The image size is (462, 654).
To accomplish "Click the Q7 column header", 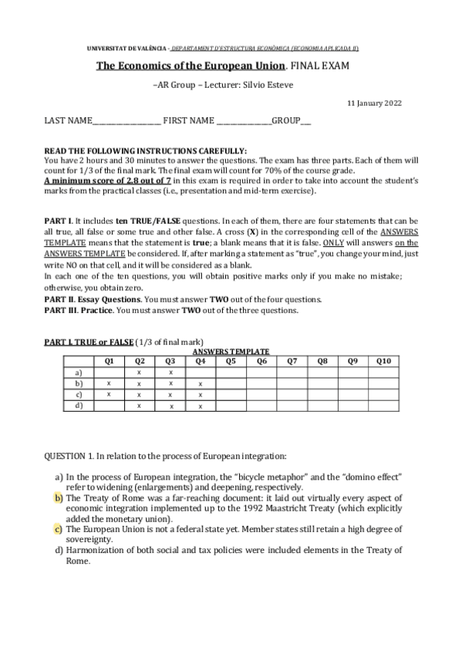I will [x=292, y=360].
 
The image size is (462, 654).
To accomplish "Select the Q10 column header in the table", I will [x=383, y=360].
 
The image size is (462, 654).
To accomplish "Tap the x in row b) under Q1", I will [x=109, y=383].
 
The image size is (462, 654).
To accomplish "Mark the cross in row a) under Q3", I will [x=170, y=372].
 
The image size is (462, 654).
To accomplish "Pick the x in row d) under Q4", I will [x=200, y=406].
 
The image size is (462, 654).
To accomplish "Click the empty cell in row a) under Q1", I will [x=109, y=372].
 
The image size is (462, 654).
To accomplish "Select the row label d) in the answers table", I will [x=78, y=406].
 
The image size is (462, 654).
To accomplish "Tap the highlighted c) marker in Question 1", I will [x=58, y=528].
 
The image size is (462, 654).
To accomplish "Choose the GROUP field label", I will [x=285, y=121].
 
